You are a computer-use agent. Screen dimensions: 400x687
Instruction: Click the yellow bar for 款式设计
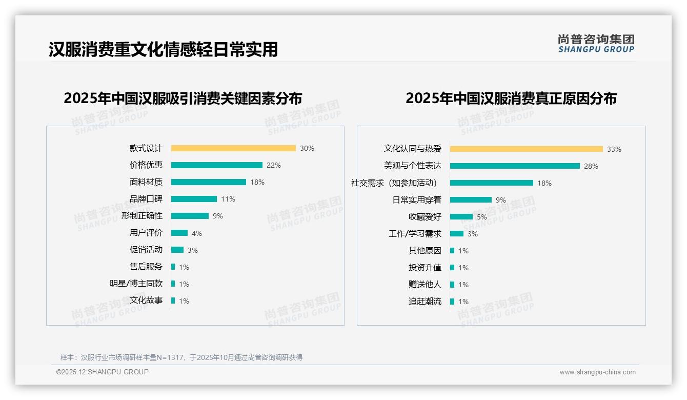[x=233, y=148]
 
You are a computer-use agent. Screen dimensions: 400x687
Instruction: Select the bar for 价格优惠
[x=216, y=165]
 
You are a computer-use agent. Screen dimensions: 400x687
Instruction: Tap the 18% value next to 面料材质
[x=257, y=182]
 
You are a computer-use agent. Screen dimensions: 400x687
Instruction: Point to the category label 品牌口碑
[x=146, y=199]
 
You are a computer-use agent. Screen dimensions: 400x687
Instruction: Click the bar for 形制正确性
[x=190, y=216]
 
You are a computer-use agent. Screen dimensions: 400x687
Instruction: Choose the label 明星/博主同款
[x=136, y=284]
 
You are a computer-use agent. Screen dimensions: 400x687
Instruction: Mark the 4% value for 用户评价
[x=196, y=233]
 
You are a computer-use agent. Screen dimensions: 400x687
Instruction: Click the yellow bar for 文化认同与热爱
[x=526, y=149]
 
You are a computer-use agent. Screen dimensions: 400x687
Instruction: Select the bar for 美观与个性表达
[x=515, y=166]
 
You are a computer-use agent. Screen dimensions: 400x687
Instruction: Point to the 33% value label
[x=614, y=149]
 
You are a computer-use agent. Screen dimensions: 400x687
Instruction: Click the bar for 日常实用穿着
[x=471, y=200]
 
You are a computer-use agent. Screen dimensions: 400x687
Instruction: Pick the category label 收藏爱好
[x=425, y=217]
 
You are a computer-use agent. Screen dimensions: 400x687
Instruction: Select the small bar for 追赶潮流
[x=452, y=302]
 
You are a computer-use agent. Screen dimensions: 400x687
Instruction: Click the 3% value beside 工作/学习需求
[x=472, y=234]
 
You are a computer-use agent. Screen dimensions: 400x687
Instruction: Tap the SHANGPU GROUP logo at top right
[x=596, y=44]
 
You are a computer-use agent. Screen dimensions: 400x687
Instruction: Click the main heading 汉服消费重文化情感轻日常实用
[x=163, y=49]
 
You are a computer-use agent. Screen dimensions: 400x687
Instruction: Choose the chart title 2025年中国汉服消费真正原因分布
[x=511, y=98]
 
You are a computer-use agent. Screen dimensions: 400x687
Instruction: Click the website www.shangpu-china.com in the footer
[x=597, y=372]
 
